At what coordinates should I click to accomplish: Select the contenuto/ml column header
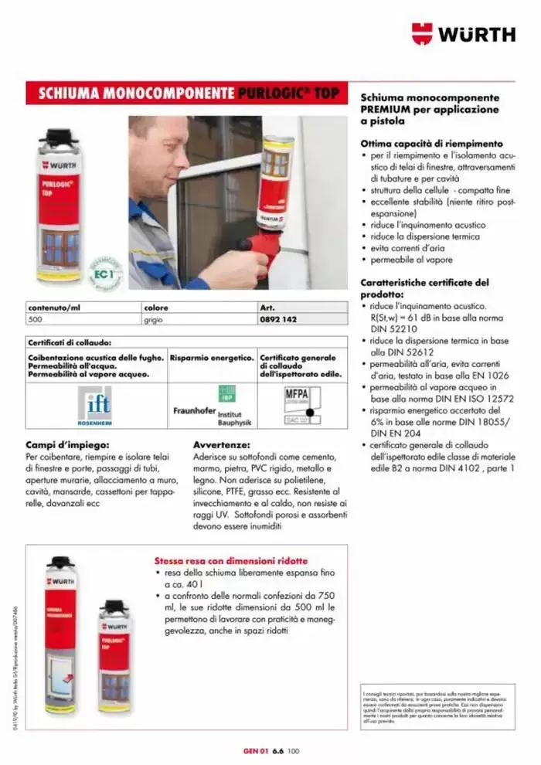pos(54,307)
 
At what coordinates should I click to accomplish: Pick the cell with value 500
pos(36,318)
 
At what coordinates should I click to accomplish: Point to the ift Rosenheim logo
pos(97,406)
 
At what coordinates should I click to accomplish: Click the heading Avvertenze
pos(221,445)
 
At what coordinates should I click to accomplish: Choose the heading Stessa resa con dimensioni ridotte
pos(231,560)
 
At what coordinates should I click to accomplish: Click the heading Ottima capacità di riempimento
pos(431,144)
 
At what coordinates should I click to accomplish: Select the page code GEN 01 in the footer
pos(254,749)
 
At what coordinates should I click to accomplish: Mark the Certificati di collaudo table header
pos(70,342)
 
